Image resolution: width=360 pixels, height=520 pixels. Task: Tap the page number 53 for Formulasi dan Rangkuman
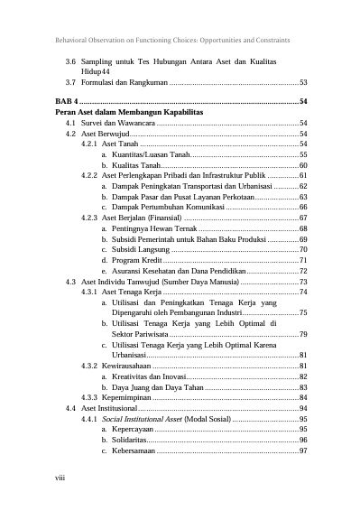(303, 82)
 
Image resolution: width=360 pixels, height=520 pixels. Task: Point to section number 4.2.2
(89, 175)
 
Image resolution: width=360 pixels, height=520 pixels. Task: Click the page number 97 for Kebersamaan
(303, 450)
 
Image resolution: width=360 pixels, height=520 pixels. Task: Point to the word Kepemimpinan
(133, 397)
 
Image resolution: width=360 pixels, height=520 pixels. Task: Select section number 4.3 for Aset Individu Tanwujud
(71, 282)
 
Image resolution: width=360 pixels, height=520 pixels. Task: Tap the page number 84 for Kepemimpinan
(303, 397)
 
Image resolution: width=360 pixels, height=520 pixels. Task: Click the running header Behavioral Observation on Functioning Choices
(172, 41)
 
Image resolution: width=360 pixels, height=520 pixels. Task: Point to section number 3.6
(71, 60)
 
